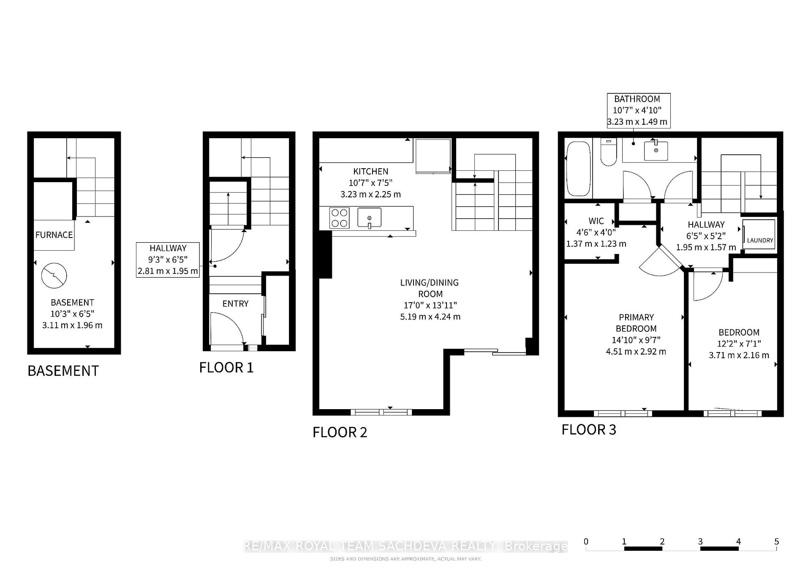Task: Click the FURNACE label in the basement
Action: (54, 235)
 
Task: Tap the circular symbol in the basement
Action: (54, 276)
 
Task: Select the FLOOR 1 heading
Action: (226, 367)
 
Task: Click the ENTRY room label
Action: (235, 303)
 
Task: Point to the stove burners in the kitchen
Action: (339, 218)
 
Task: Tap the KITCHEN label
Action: (370, 171)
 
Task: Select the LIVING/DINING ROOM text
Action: (430, 288)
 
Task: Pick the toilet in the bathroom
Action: (609, 152)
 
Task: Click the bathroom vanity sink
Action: (656, 150)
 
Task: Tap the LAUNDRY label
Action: (760, 240)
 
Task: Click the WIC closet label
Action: (596, 221)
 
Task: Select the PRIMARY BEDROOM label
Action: (636, 323)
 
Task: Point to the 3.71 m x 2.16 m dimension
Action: (739, 355)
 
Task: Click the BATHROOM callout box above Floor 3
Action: (638, 110)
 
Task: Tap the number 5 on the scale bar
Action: (776, 541)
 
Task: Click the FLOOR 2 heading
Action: (340, 432)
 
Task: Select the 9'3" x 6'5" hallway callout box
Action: (168, 260)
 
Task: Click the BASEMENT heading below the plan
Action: (63, 371)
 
